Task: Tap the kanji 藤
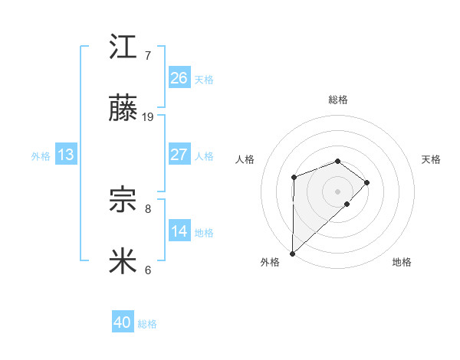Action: (123, 110)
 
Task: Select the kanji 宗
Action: (123, 201)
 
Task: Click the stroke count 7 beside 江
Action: (148, 55)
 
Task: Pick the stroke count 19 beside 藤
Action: (148, 117)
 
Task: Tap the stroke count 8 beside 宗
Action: (148, 208)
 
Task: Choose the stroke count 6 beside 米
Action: (148, 270)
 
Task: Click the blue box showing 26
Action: (179, 78)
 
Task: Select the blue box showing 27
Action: (179, 155)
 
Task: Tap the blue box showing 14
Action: (179, 231)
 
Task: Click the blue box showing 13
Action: (66, 155)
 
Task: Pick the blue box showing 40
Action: (123, 323)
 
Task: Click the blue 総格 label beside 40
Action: (147, 324)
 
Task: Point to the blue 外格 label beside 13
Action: (41, 155)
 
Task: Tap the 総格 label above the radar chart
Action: (338, 100)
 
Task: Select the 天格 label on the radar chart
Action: (432, 159)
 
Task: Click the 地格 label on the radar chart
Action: (402, 262)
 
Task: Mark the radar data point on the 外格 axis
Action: (292, 253)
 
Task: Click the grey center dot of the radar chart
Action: (338, 191)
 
